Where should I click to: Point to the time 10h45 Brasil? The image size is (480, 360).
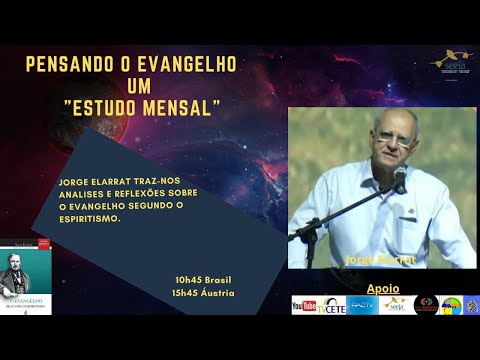[x=202, y=278]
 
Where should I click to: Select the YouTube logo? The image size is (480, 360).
[x=304, y=305]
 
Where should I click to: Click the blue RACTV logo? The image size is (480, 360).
[x=362, y=305]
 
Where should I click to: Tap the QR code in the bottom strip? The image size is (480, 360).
[x=471, y=305]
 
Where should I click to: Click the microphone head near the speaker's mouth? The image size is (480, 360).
[x=400, y=176]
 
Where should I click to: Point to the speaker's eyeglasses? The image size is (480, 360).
[x=394, y=137]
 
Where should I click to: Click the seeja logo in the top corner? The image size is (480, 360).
[x=451, y=61]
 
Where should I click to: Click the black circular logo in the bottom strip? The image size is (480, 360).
[x=426, y=305]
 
